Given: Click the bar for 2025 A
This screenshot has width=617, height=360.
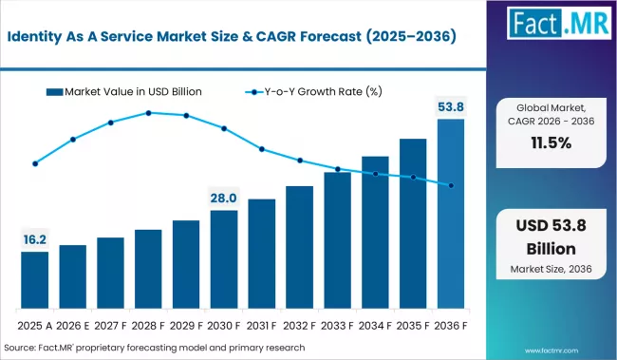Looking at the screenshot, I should tap(35, 279).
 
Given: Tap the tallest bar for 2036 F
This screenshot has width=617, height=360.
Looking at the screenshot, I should tap(451, 213).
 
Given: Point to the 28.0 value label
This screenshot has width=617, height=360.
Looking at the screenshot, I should tap(224, 198).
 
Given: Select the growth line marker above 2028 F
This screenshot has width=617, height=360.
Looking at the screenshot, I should tap(149, 113).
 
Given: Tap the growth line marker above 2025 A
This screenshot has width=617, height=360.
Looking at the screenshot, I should tap(35, 163).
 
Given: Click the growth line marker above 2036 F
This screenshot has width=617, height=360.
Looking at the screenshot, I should tap(451, 185).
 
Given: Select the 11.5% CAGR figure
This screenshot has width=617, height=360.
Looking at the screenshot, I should tap(550, 143).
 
